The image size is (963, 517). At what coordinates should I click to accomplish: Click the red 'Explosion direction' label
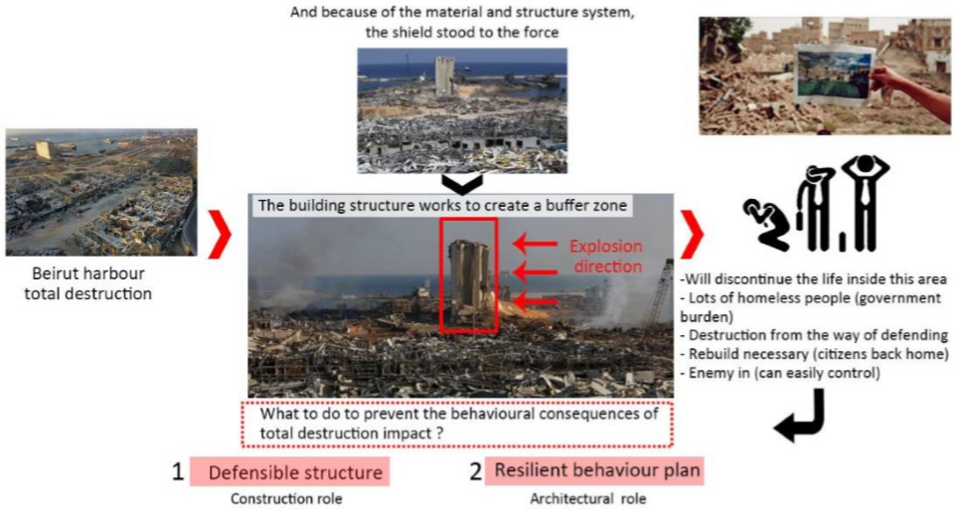point(605,255)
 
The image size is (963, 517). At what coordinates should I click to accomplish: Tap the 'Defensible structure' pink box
point(289,472)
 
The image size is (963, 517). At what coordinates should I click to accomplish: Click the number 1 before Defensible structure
point(177,472)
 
